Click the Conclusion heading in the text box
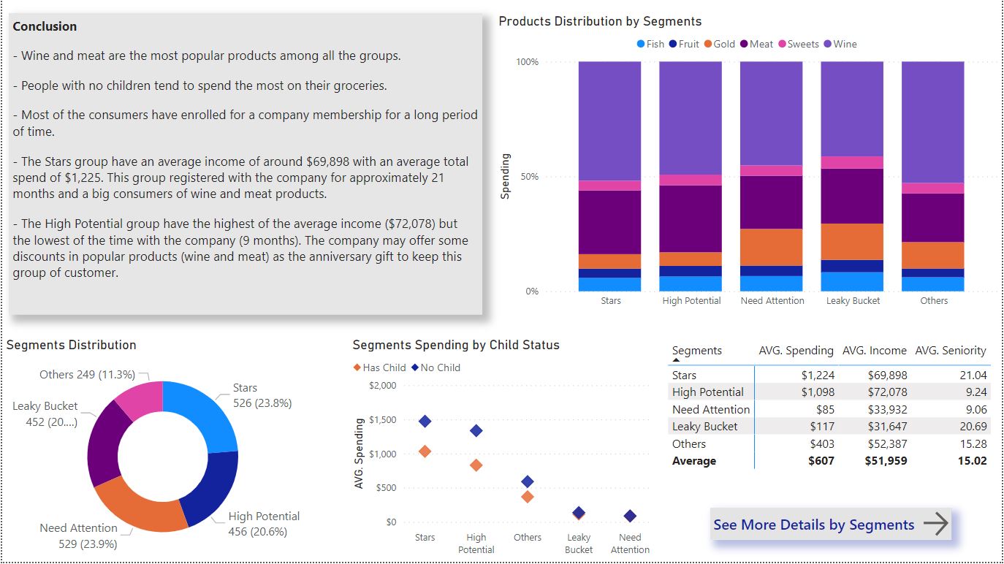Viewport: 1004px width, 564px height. [x=45, y=26]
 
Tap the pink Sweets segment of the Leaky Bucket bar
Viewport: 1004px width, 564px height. [x=852, y=162]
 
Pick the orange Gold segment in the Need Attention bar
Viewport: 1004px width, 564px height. [x=772, y=247]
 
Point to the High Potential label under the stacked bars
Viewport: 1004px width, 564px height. [x=691, y=301]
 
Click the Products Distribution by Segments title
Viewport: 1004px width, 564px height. [x=600, y=21]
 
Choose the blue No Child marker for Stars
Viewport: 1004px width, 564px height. [x=425, y=422]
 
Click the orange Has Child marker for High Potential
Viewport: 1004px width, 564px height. [x=476, y=465]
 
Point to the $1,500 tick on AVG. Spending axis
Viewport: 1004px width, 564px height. [x=382, y=420]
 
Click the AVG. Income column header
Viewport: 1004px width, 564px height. [x=874, y=351]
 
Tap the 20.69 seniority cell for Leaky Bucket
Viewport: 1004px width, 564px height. [x=972, y=427]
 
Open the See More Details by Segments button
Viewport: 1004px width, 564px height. [x=830, y=525]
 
